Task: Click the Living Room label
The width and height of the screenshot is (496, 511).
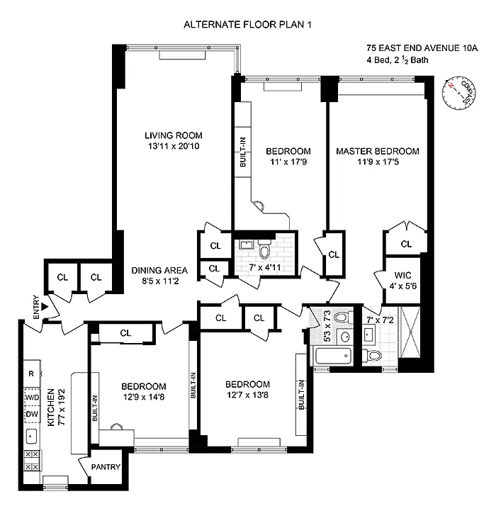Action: pyautogui.click(x=174, y=135)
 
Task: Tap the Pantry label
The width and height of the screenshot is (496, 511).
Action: pyautogui.click(x=105, y=467)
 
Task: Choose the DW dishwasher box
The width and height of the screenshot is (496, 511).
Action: pyautogui.click(x=32, y=415)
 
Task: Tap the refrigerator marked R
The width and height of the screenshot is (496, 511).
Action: pyautogui.click(x=32, y=374)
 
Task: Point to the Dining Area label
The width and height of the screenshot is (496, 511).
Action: pyautogui.click(x=159, y=270)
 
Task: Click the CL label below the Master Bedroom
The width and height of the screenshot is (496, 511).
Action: pyautogui.click(x=405, y=244)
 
